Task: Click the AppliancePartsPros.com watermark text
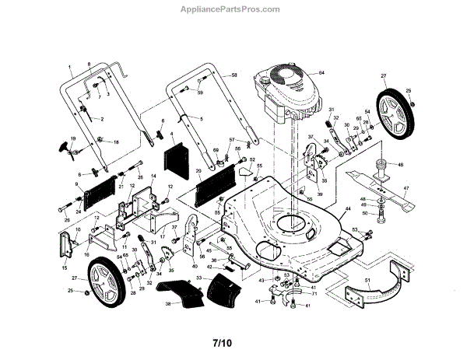click(x=233, y=9)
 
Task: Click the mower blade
click(x=381, y=187)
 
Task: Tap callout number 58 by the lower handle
click(x=233, y=75)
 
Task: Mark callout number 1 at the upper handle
click(x=69, y=67)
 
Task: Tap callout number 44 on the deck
click(x=348, y=208)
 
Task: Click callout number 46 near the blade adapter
click(x=401, y=165)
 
